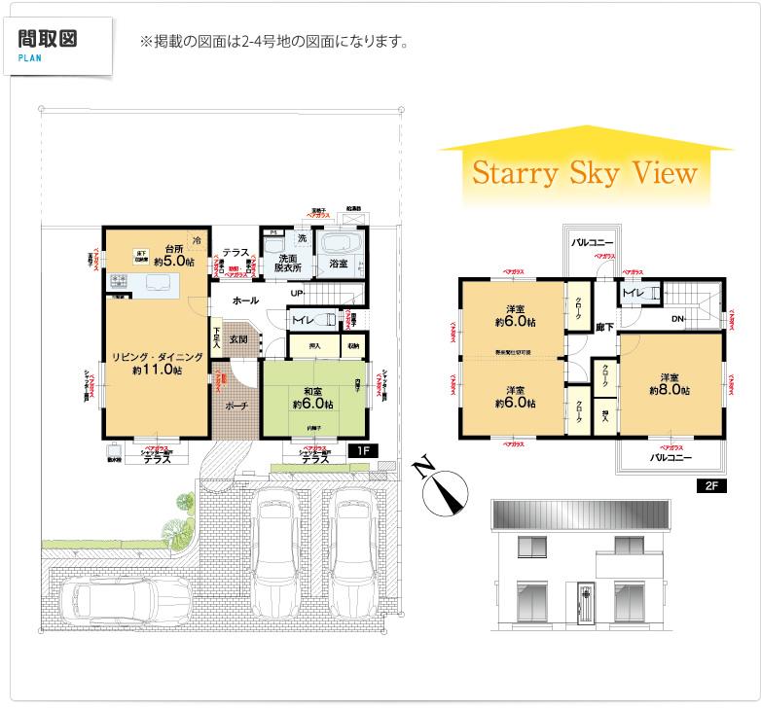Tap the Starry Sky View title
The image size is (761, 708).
pos(585,174)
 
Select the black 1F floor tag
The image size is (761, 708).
pos(361,451)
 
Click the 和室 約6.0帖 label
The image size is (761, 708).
pos(312,399)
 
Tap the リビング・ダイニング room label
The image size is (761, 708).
pos(156,363)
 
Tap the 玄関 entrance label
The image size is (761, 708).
pos(238,339)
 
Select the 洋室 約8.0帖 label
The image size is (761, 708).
pos(670,383)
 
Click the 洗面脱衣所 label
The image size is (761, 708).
pos(287,263)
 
